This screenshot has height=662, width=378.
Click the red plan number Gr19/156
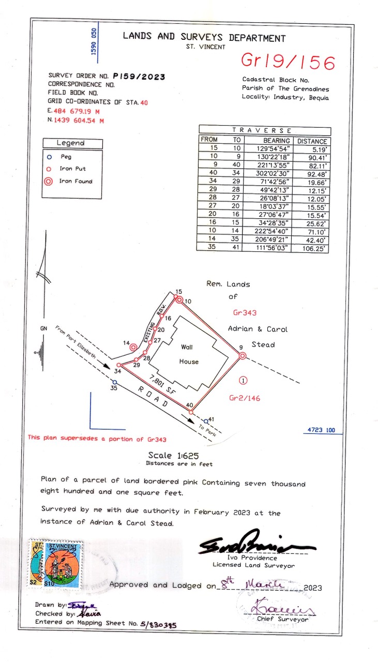[288, 62]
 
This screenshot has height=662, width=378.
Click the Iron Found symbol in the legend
[49, 181]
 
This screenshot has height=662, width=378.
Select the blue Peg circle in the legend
[49, 156]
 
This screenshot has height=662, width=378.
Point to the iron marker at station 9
[241, 355]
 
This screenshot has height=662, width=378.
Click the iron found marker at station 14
[133, 347]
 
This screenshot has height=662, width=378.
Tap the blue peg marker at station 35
[115, 383]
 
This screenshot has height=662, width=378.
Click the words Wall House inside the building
[189, 354]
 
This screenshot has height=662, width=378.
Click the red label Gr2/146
[245, 398]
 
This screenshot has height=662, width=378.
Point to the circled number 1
[244, 381]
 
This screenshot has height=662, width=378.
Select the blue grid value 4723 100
[321, 430]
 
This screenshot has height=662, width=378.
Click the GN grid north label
[43, 328]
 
